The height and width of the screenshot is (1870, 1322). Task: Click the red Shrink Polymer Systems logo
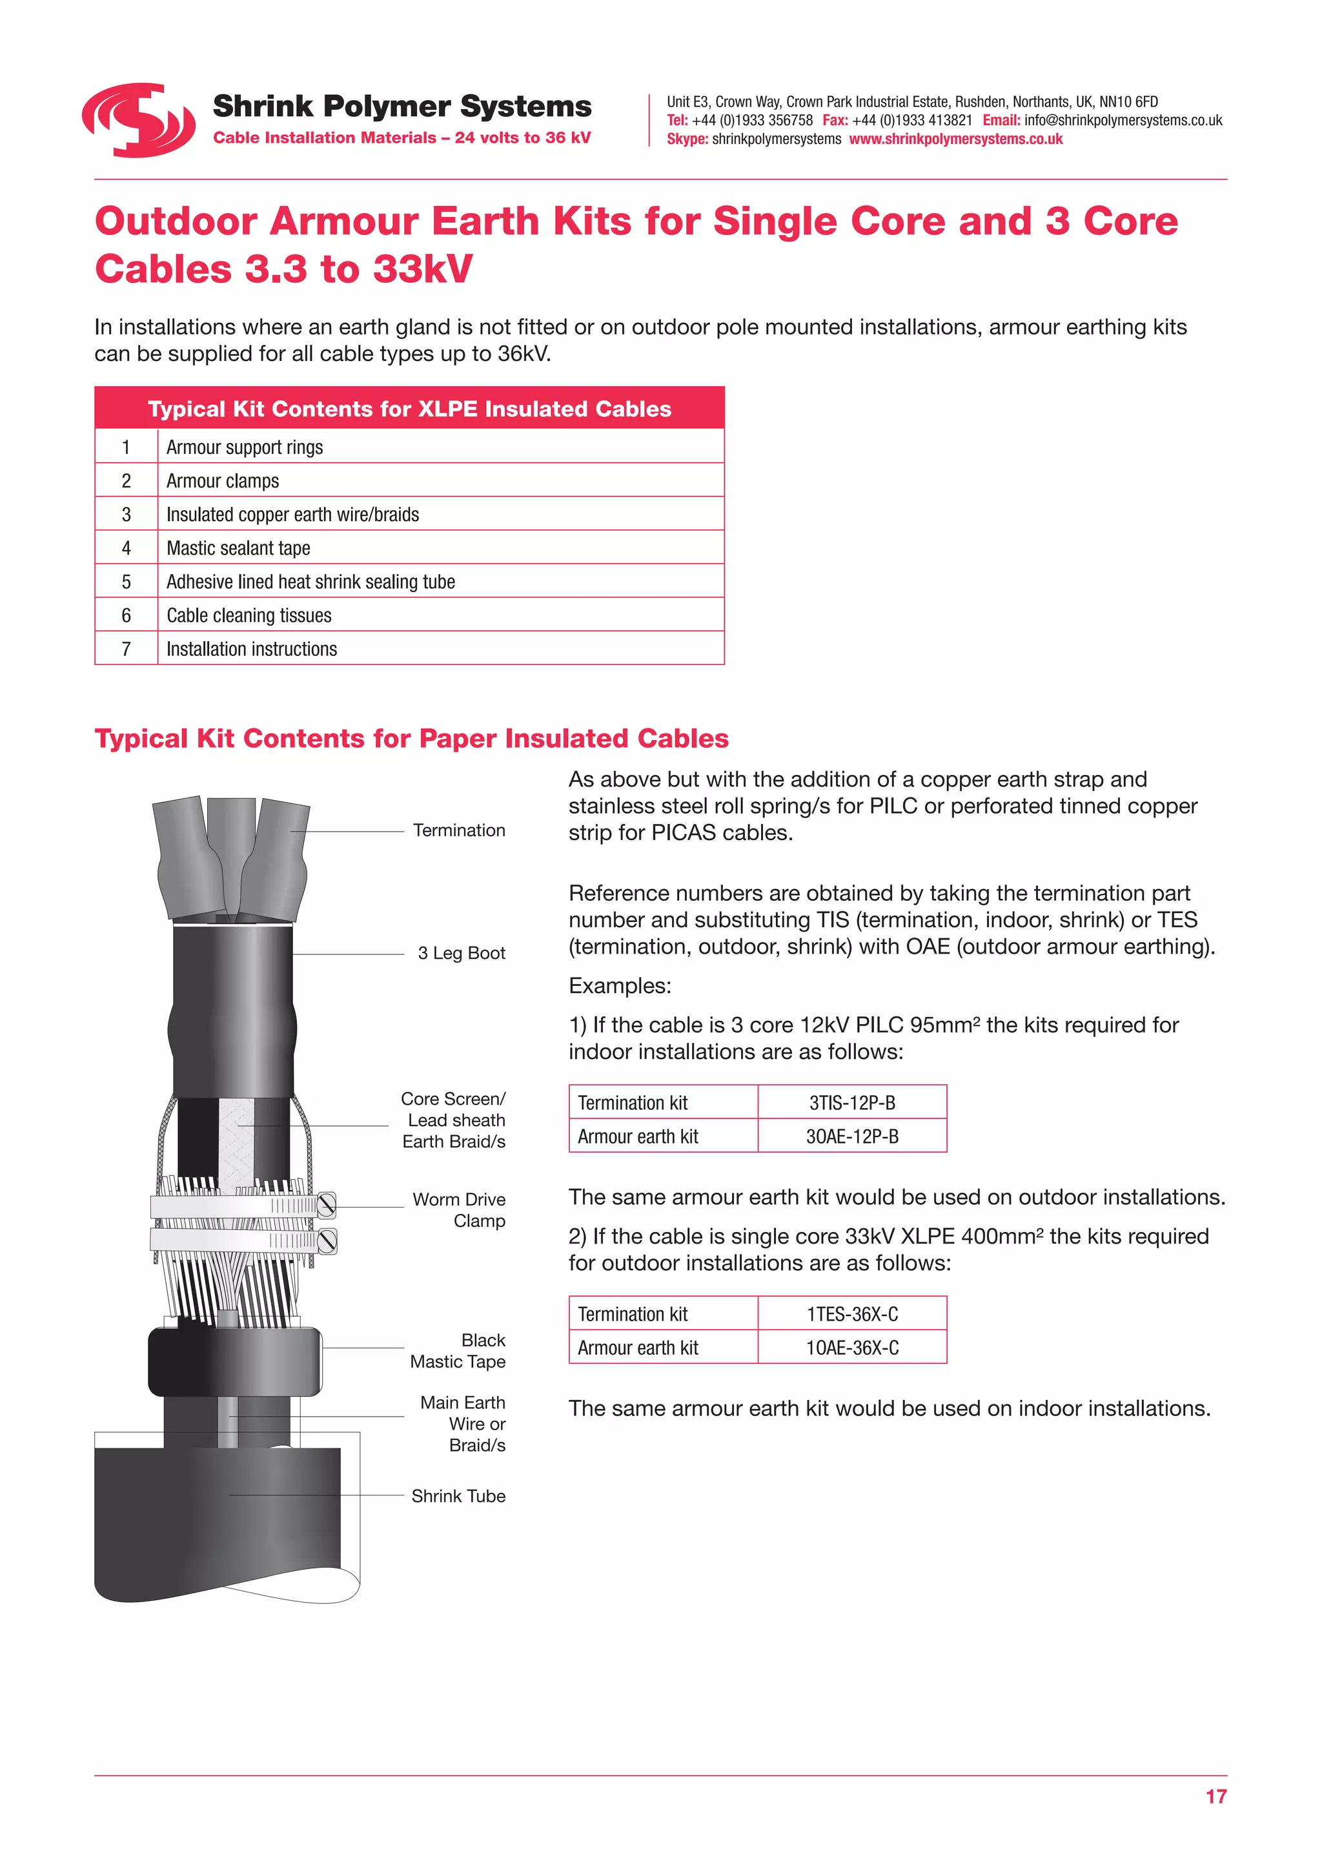(x=138, y=119)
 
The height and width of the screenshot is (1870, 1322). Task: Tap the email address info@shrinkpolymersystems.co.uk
(x=1123, y=121)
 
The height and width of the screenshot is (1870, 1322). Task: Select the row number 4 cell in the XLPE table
(x=126, y=548)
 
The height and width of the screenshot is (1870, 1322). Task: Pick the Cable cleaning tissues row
(x=249, y=616)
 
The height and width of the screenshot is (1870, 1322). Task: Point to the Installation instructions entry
(x=252, y=649)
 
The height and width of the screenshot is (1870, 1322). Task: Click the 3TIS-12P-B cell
(x=851, y=1103)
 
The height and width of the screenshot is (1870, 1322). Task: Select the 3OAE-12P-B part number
(x=851, y=1136)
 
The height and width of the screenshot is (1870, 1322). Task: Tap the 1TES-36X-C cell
(x=851, y=1315)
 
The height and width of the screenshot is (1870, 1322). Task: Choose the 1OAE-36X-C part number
(x=851, y=1348)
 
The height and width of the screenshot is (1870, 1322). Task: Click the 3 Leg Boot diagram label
(x=461, y=953)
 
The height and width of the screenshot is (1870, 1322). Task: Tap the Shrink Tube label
(x=458, y=1496)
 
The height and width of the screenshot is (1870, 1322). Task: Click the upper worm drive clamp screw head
(x=327, y=1204)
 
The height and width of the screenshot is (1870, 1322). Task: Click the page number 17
(x=1215, y=1796)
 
